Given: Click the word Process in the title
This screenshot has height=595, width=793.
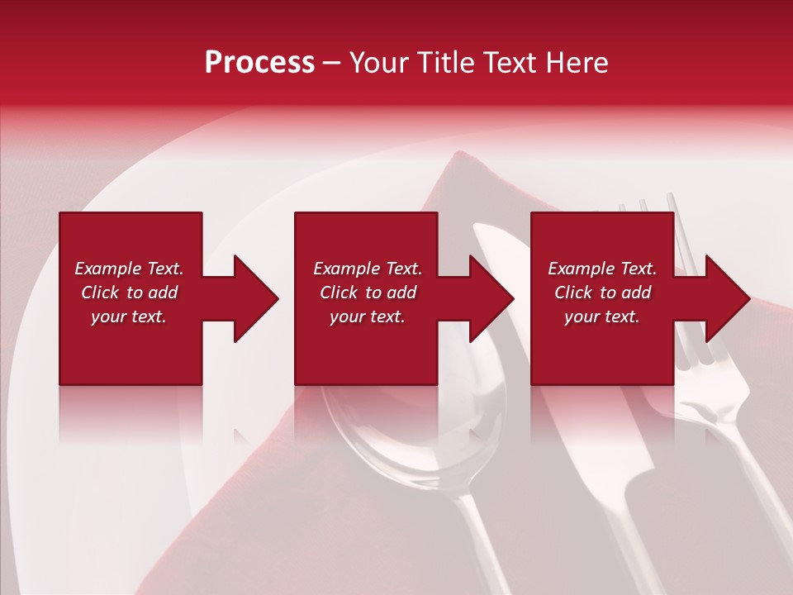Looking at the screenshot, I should [x=259, y=63].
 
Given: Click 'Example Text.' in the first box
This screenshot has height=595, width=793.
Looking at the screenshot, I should [x=129, y=269].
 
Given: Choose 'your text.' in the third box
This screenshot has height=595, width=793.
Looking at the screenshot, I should [x=602, y=317].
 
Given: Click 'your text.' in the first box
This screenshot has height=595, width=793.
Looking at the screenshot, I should [x=129, y=317].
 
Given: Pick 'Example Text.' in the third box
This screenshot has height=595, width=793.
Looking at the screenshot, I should [x=602, y=269].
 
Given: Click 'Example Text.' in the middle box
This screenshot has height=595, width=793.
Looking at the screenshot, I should [x=368, y=269].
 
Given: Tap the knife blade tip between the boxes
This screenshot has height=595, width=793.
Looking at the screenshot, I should [x=487, y=236].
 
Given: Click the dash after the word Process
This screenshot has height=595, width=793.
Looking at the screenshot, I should [x=332, y=64].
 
